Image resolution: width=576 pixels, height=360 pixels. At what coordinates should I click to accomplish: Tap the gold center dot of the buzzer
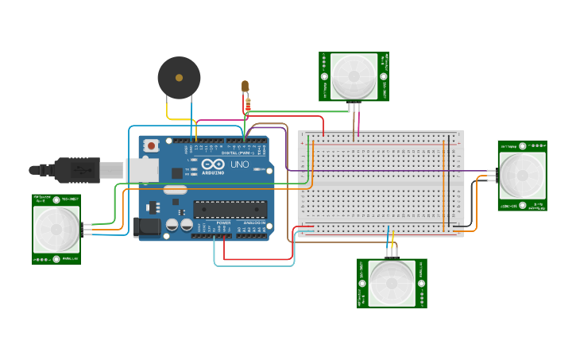pos(179,78)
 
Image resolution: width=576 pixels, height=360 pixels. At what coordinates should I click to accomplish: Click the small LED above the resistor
pos(245,85)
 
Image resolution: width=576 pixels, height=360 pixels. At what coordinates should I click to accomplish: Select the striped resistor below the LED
pos(249,103)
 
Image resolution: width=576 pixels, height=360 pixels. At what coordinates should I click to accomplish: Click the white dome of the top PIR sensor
pos(354,75)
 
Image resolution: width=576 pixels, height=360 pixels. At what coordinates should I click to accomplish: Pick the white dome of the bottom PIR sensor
pos(392,284)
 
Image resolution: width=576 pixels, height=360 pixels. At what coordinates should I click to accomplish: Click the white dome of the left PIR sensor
pos(56,230)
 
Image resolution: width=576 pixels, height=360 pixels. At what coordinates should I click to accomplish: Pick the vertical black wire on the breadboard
pos(449,183)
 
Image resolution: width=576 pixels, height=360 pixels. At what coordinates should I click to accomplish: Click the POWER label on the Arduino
pos(224,223)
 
